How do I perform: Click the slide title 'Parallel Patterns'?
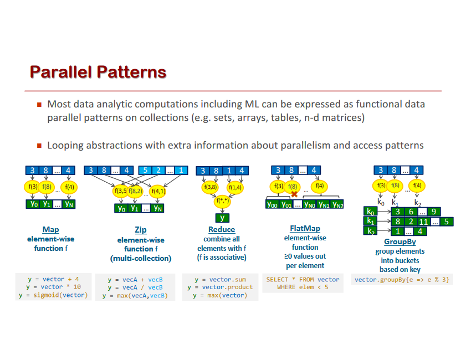point(98,72)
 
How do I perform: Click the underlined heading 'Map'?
point(50,229)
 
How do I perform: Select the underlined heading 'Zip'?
point(141,229)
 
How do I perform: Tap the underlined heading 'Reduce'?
point(222,229)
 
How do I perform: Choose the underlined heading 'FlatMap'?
point(305,228)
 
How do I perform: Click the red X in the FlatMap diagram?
point(294,193)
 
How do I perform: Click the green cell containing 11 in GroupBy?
point(423,221)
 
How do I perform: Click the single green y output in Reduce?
point(222,217)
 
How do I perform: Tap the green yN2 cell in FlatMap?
point(337,204)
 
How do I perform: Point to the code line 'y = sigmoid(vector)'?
point(53,295)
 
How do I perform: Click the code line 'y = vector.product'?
point(220,287)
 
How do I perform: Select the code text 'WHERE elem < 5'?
point(303,287)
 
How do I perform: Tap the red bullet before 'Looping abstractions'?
point(39,146)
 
